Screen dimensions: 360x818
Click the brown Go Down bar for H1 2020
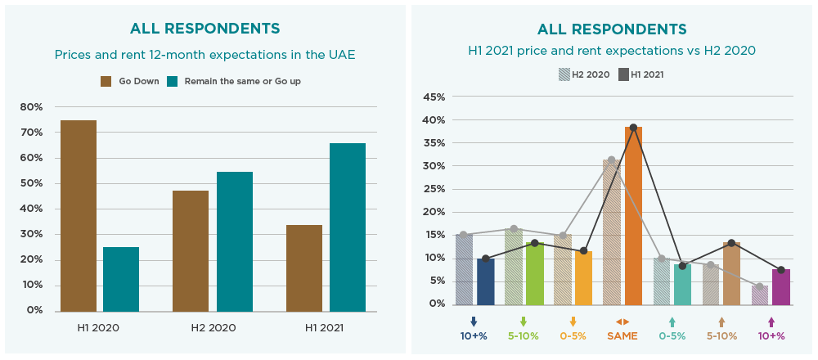click(x=79, y=215)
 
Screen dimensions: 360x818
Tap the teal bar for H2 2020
click(x=235, y=241)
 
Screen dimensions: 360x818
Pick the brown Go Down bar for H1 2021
click(x=304, y=268)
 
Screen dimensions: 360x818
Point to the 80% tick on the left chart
click(x=31, y=107)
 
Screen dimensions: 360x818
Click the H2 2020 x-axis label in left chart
click(x=213, y=327)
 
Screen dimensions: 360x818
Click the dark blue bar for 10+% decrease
click(x=486, y=281)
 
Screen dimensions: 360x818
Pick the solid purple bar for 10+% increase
click(x=781, y=286)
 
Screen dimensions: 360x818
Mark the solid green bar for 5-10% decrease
click(x=535, y=273)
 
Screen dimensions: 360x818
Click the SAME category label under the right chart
click(x=622, y=335)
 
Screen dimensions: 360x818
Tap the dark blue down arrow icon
click(x=474, y=322)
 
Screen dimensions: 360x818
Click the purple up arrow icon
click(x=771, y=322)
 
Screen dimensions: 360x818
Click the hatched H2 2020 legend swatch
click(x=564, y=74)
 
